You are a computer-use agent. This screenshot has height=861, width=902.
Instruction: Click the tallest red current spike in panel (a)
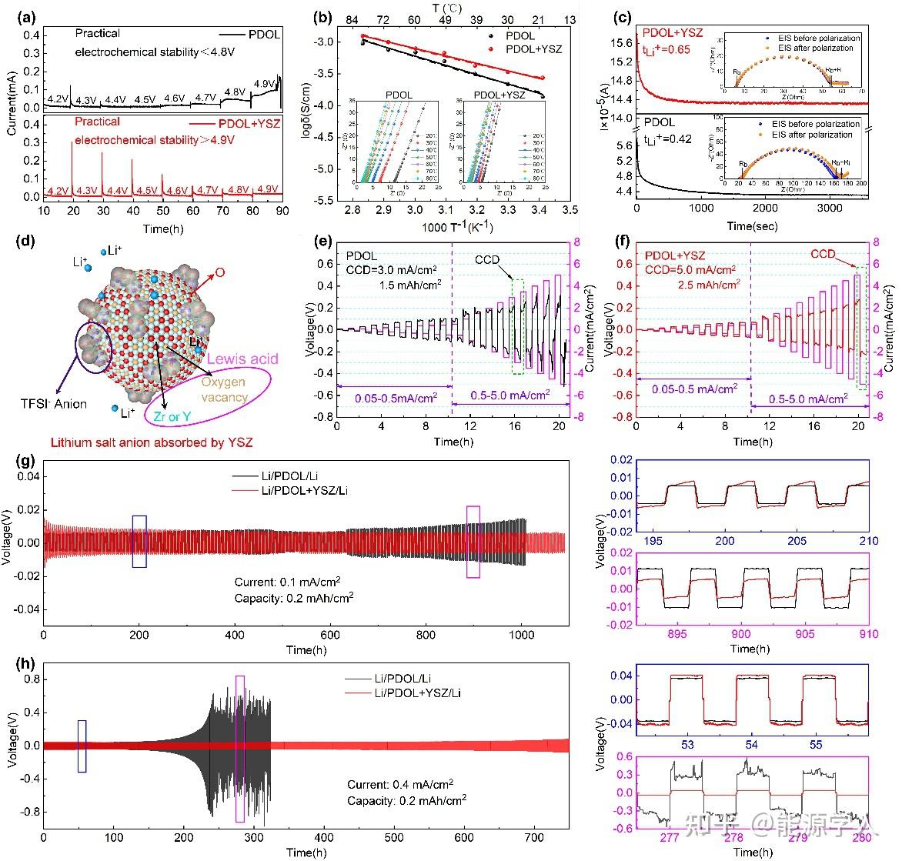(72, 143)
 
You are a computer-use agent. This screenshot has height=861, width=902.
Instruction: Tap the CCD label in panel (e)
(487, 259)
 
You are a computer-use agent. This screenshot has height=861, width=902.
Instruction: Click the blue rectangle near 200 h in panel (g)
(139, 541)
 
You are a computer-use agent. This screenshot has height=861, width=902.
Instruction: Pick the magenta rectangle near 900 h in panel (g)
(473, 541)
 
